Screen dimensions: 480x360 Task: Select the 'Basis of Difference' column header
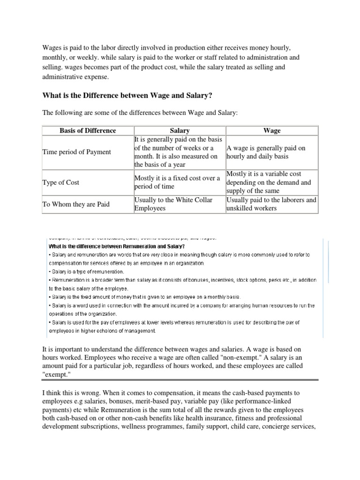coord(88,130)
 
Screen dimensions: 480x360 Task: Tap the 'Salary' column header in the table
coord(180,130)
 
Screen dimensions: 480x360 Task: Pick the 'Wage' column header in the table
coord(272,130)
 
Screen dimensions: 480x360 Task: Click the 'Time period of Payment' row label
coord(76,152)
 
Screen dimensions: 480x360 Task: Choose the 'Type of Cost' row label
coord(60,182)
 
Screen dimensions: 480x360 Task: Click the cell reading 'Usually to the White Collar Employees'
coord(173,204)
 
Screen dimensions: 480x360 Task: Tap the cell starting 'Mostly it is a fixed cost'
coord(177,182)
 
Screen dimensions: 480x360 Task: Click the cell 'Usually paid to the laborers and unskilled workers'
coord(271,204)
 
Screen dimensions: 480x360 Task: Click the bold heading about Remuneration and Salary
coord(117,246)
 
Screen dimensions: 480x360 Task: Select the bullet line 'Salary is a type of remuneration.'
coord(86,271)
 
